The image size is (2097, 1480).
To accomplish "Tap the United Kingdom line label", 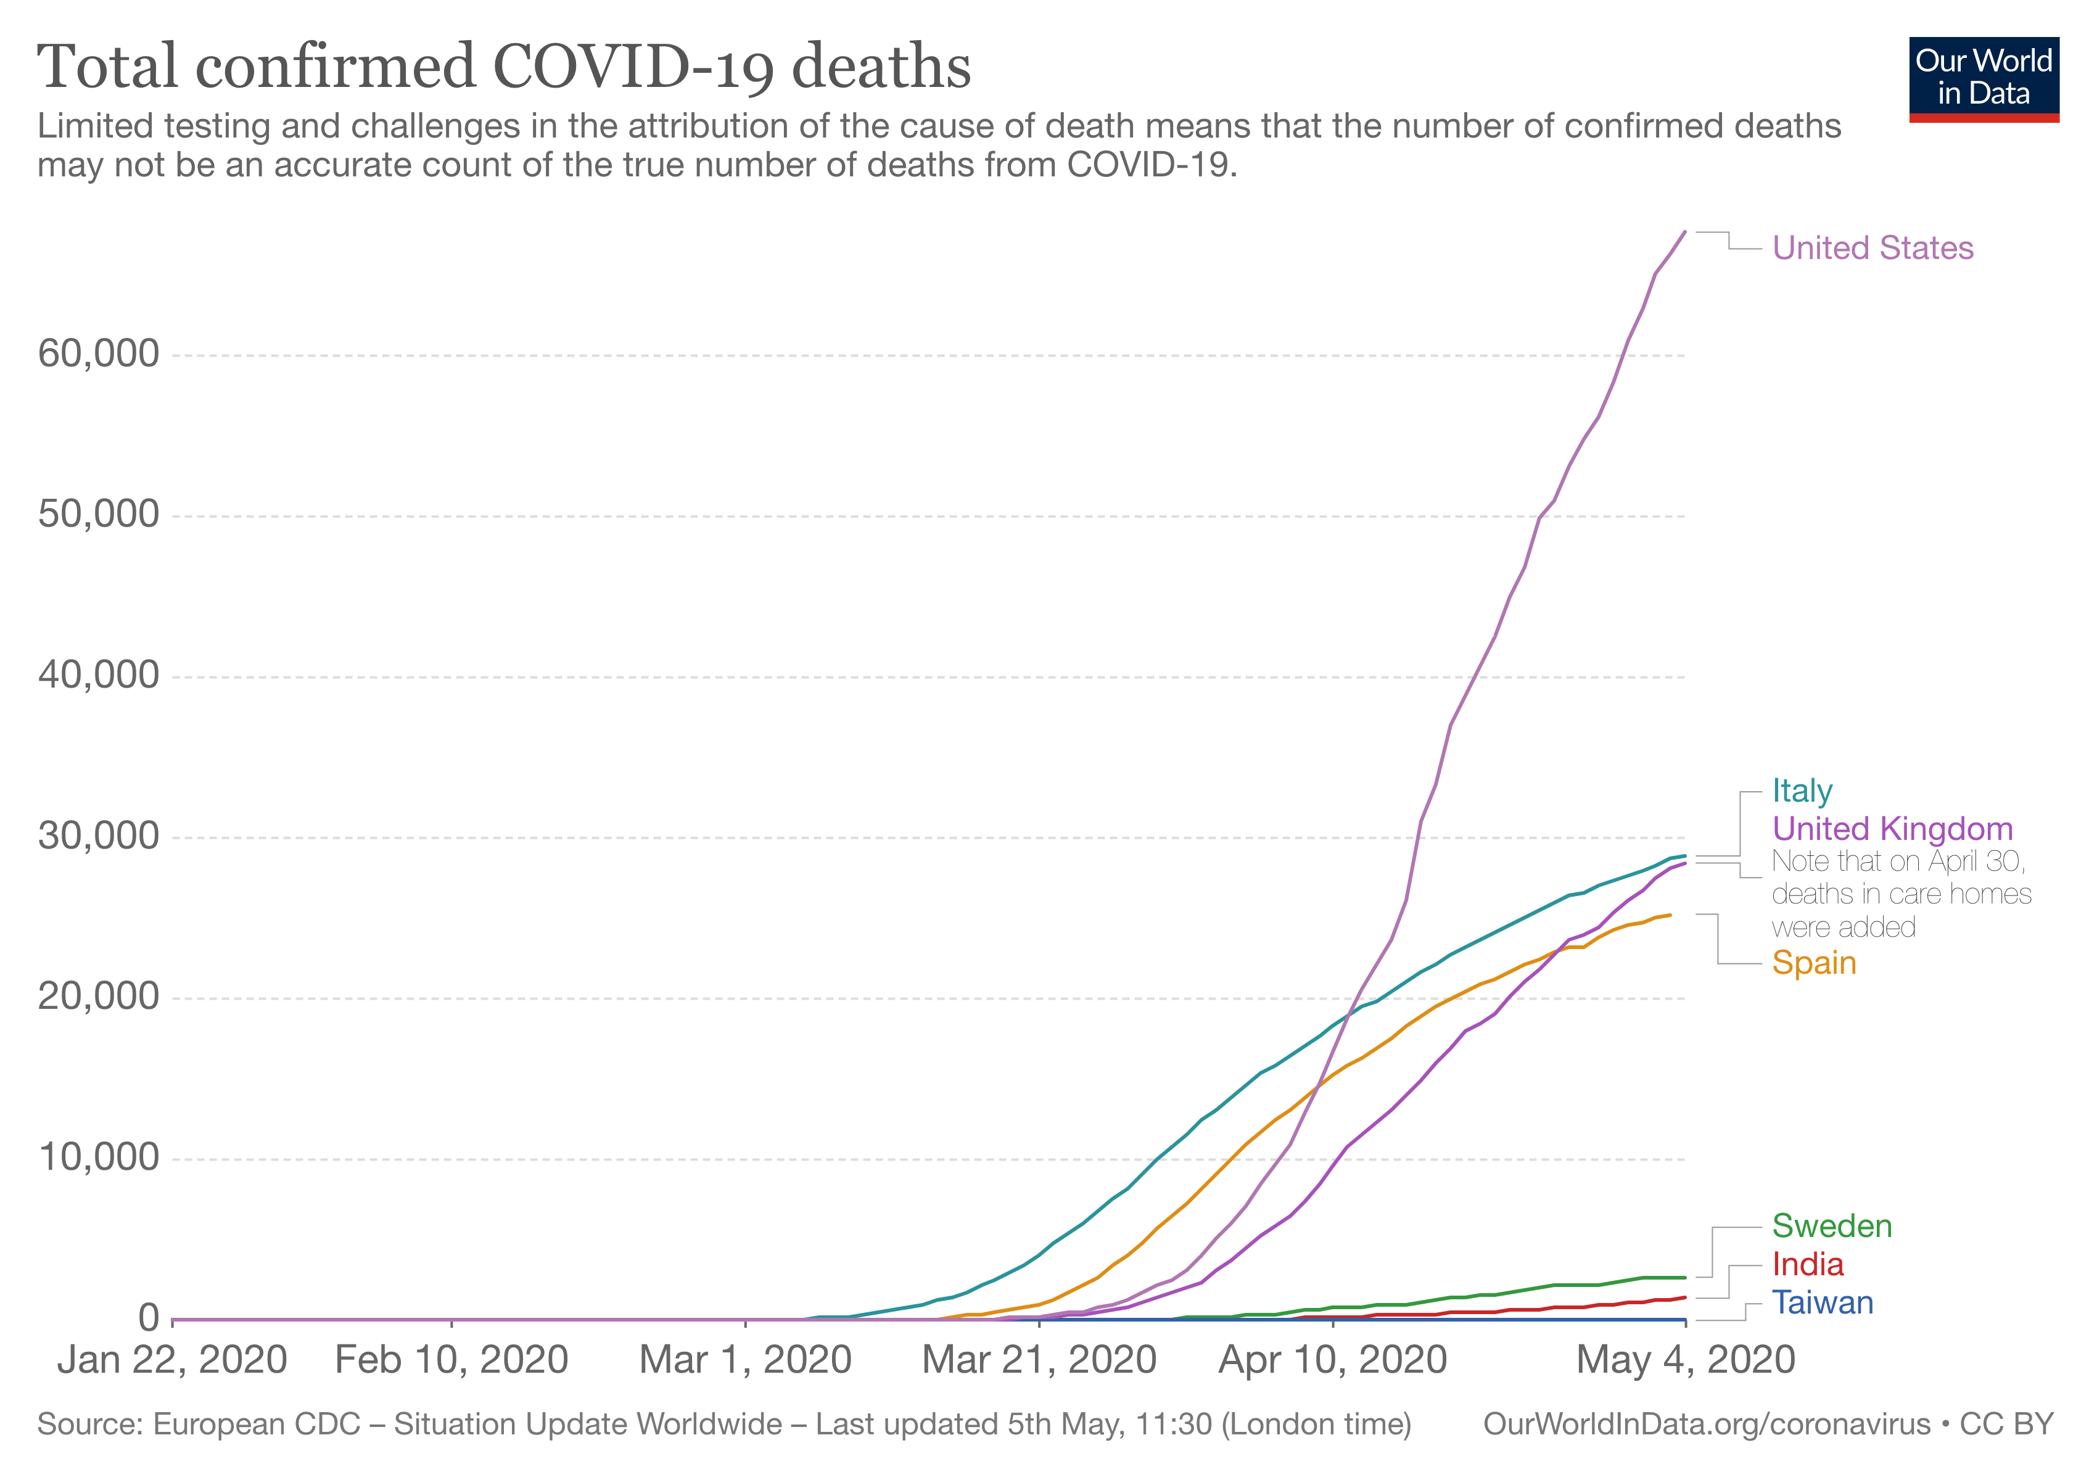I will click(x=1892, y=829).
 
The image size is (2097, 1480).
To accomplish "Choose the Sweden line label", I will click(x=1831, y=1226).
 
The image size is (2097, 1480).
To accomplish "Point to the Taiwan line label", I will click(x=1822, y=1303).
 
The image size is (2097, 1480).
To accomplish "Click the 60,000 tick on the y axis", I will click(x=99, y=354).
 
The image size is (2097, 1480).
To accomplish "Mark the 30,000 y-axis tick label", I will click(x=99, y=836).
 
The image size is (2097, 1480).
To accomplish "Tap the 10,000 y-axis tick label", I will click(x=99, y=1157).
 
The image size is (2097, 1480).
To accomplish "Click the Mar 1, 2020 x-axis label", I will click(x=745, y=1360).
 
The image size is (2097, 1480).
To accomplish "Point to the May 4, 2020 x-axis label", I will click(x=1685, y=1360).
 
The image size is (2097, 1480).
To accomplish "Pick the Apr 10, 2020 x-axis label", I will click(x=1333, y=1360).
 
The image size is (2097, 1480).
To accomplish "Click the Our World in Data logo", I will click(x=1983, y=78).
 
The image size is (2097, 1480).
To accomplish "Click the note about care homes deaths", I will click(x=1900, y=894).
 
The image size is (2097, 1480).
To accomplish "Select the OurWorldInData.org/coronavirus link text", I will click(x=1706, y=1424).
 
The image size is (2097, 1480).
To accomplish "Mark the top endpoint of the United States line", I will click(x=1685, y=232).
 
